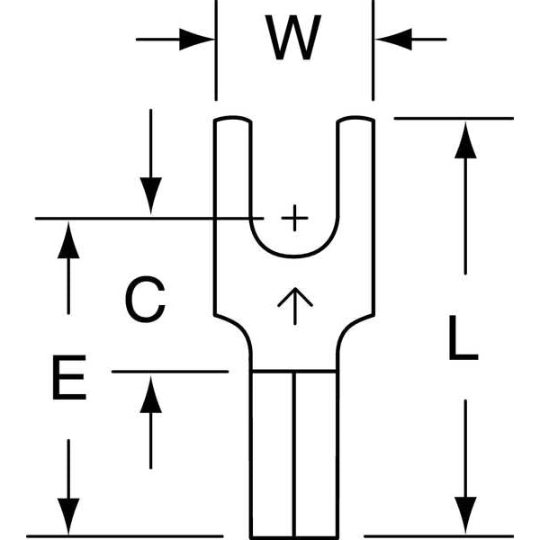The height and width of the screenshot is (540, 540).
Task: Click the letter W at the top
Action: [x=294, y=39]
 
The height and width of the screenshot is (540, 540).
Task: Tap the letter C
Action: [x=145, y=301]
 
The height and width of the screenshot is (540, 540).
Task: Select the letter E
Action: [x=68, y=379]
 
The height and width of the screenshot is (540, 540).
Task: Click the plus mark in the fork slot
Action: [x=293, y=218]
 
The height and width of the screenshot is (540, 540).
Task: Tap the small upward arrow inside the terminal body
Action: [x=294, y=305]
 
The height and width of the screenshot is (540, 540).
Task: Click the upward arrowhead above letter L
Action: [x=464, y=141]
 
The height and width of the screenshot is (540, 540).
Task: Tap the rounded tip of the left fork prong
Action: [x=231, y=121]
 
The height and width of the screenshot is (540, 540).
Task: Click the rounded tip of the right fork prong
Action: [x=357, y=121]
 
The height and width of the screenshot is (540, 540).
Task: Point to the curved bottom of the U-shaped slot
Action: [x=294, y=256]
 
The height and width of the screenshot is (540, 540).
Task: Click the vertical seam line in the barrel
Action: [x=294, y=450]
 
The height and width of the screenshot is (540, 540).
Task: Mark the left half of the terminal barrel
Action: [x=272, y=450]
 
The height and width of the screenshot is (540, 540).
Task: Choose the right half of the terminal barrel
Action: [x=316, y=450]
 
